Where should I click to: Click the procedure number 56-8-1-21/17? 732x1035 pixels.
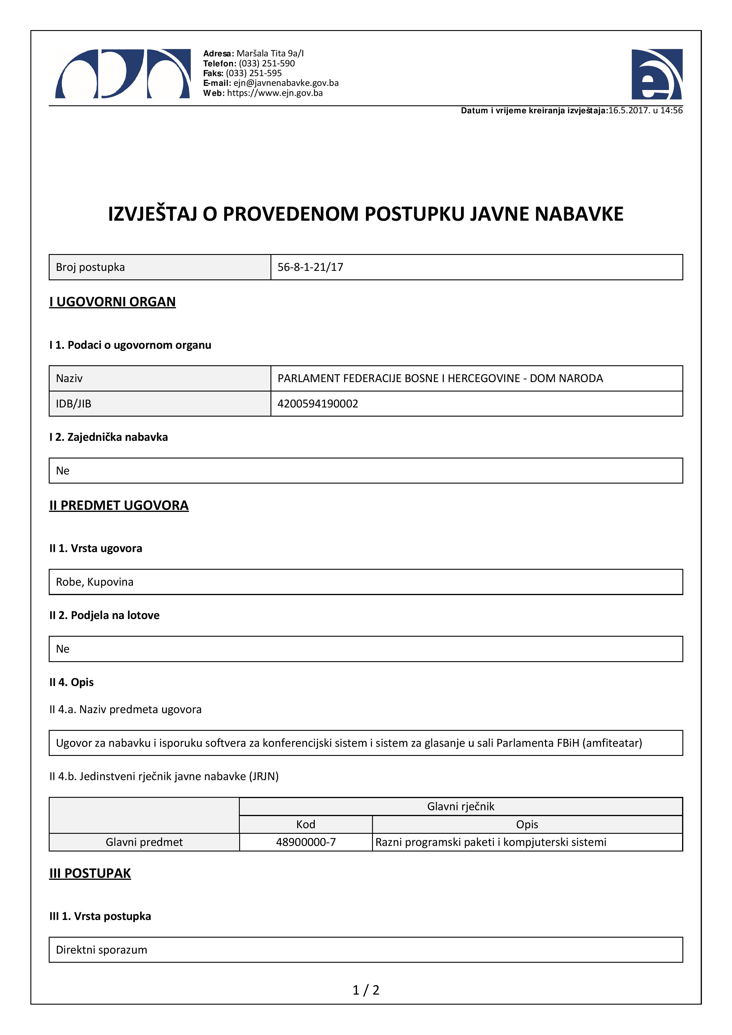[x=310, y=267]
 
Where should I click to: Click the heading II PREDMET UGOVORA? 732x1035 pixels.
[x=119, y=505]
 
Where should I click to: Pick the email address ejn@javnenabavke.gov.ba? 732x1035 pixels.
[x=286, y=83]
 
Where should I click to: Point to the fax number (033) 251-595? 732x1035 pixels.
[x=254, y=73]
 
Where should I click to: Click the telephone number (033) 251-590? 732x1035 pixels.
[x=267, y=63]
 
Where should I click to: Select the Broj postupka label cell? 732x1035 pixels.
[x=90, y=267]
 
